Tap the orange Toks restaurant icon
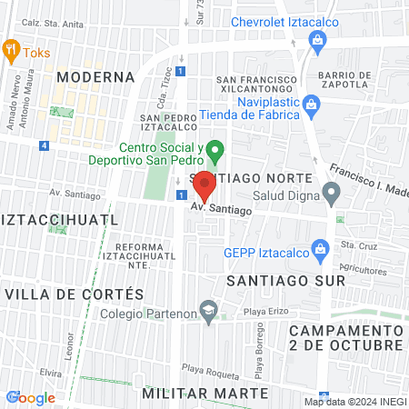[x=12, y=51]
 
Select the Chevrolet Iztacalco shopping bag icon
[x=317, y=39]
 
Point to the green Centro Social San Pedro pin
[x=214, y=149]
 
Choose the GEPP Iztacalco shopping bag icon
[x=319, y=247]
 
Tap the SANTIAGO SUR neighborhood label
[x=274, y=279]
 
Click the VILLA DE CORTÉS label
[x=74, y=294]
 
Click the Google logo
[x=30, y=397]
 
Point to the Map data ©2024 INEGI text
[x=354, y=402]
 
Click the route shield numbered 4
[x=44, y=145]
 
